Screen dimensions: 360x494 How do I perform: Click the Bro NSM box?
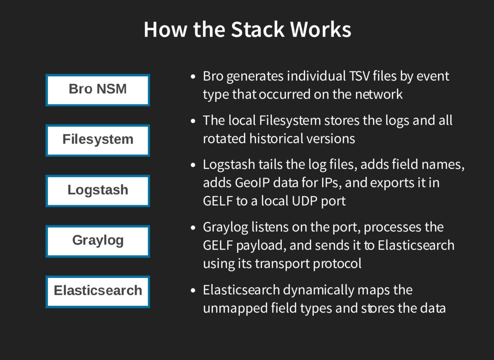(97, 90)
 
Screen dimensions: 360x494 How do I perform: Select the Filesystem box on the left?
(97, 140)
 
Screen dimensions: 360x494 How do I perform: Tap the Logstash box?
(97, 190)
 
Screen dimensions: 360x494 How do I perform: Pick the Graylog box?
(97, 240)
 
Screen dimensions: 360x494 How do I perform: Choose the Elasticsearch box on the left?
(97, 291)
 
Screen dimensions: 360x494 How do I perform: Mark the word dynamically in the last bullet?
(318, 291)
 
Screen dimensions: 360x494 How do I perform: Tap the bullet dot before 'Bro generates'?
(193, 77)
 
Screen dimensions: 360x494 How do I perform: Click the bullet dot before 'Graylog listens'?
(193, 228)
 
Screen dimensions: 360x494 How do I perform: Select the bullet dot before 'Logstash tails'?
(193, 166)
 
